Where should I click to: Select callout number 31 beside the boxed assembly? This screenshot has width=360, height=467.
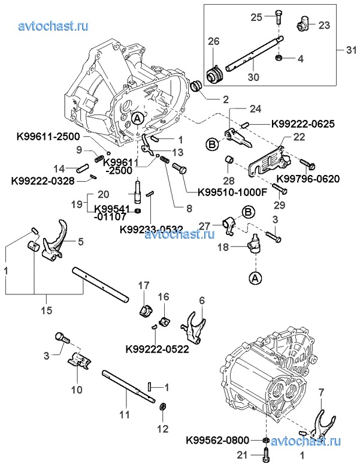pos(351,48)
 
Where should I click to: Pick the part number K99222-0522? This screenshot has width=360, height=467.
pos(157,348)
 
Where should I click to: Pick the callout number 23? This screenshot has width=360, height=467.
pos(323,25)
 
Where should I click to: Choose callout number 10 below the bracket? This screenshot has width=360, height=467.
pos(77,389)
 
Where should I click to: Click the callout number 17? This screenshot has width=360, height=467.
pos(144,284)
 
